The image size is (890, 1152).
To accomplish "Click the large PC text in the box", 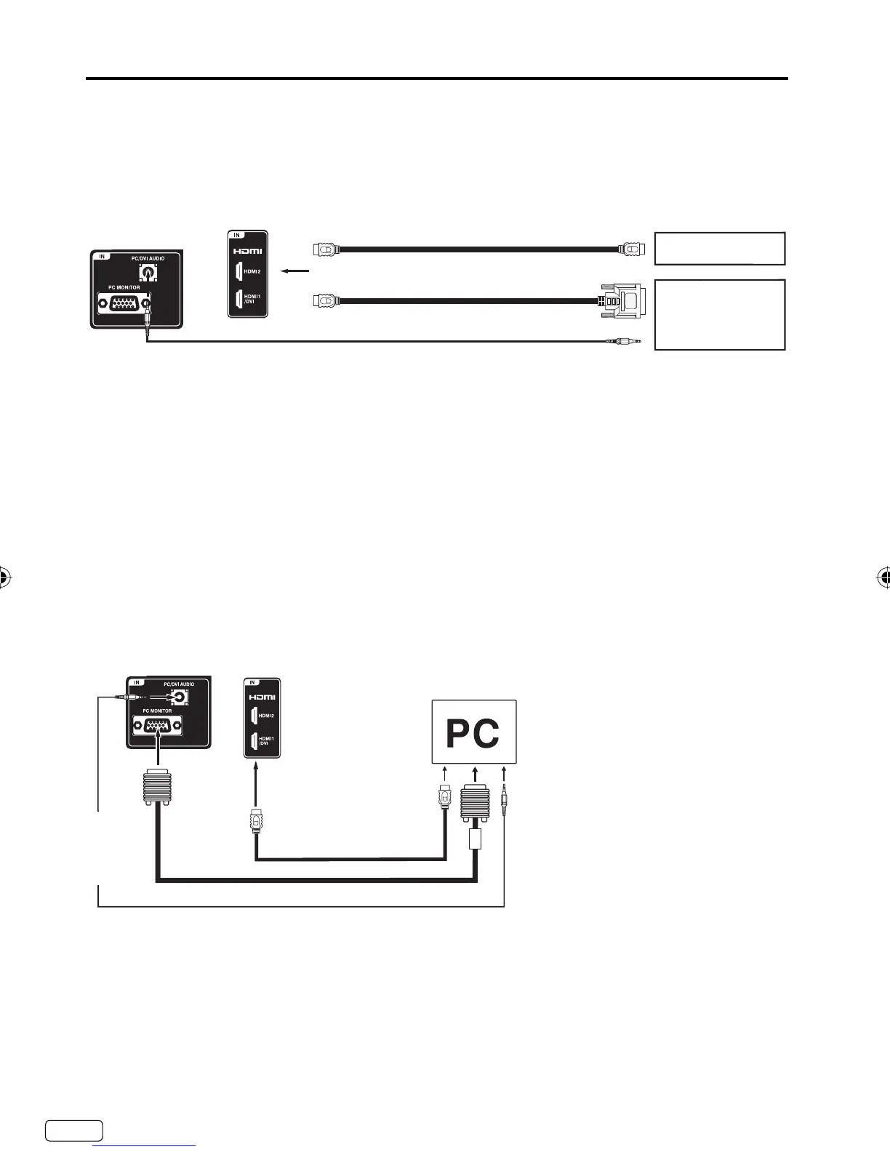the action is [473, 733].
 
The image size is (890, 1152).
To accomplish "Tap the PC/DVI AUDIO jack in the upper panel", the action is [148, 273].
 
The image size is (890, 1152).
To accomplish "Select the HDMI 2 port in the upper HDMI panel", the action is [238, 271].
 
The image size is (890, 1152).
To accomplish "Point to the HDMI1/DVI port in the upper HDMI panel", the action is [238, 299].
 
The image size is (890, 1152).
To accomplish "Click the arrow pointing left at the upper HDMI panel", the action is [296, 271].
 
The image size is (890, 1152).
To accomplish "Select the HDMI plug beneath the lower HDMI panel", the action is [255, 820].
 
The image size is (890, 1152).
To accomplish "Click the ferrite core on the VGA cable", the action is [475, 838].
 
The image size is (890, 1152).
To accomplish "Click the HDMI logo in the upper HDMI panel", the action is [247, 251].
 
